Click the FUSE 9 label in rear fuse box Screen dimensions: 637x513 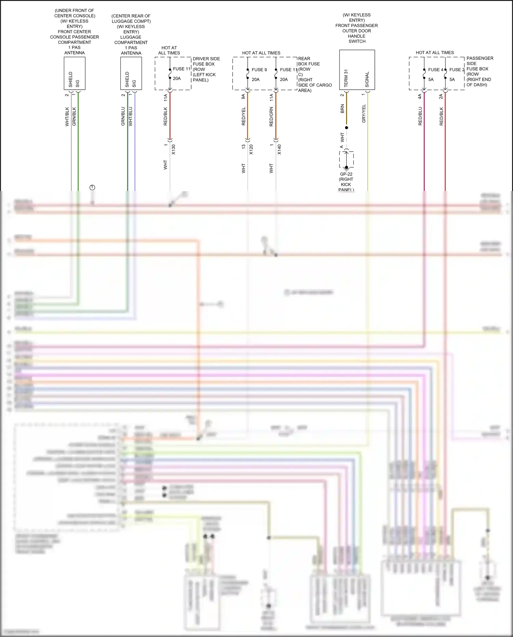point(259,70)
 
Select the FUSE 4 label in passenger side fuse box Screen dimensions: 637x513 point(435,70)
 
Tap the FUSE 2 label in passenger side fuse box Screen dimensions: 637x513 point(457,70)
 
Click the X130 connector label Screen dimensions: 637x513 point(173,150)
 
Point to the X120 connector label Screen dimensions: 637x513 point(251,150)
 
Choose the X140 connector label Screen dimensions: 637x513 point(279,150)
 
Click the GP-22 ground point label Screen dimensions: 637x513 point(346,174)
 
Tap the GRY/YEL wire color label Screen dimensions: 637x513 point(364,114)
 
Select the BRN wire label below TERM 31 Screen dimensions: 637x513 point(342,109)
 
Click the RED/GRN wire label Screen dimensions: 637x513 point(271,117)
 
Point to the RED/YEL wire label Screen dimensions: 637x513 point(244,116)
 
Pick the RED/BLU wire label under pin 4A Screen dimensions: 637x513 point(420,116)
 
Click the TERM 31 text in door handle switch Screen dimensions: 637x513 point(346,78)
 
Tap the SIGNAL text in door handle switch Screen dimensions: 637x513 point(367,79)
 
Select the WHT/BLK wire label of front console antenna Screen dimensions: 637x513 point(67,117)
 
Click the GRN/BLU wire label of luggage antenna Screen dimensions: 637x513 point(123,116)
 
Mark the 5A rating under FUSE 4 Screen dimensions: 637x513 point(431,79)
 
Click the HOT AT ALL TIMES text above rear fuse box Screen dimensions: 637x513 point(261,53)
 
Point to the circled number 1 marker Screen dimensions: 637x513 point(92,188)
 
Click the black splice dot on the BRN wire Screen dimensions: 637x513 point(346,128)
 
